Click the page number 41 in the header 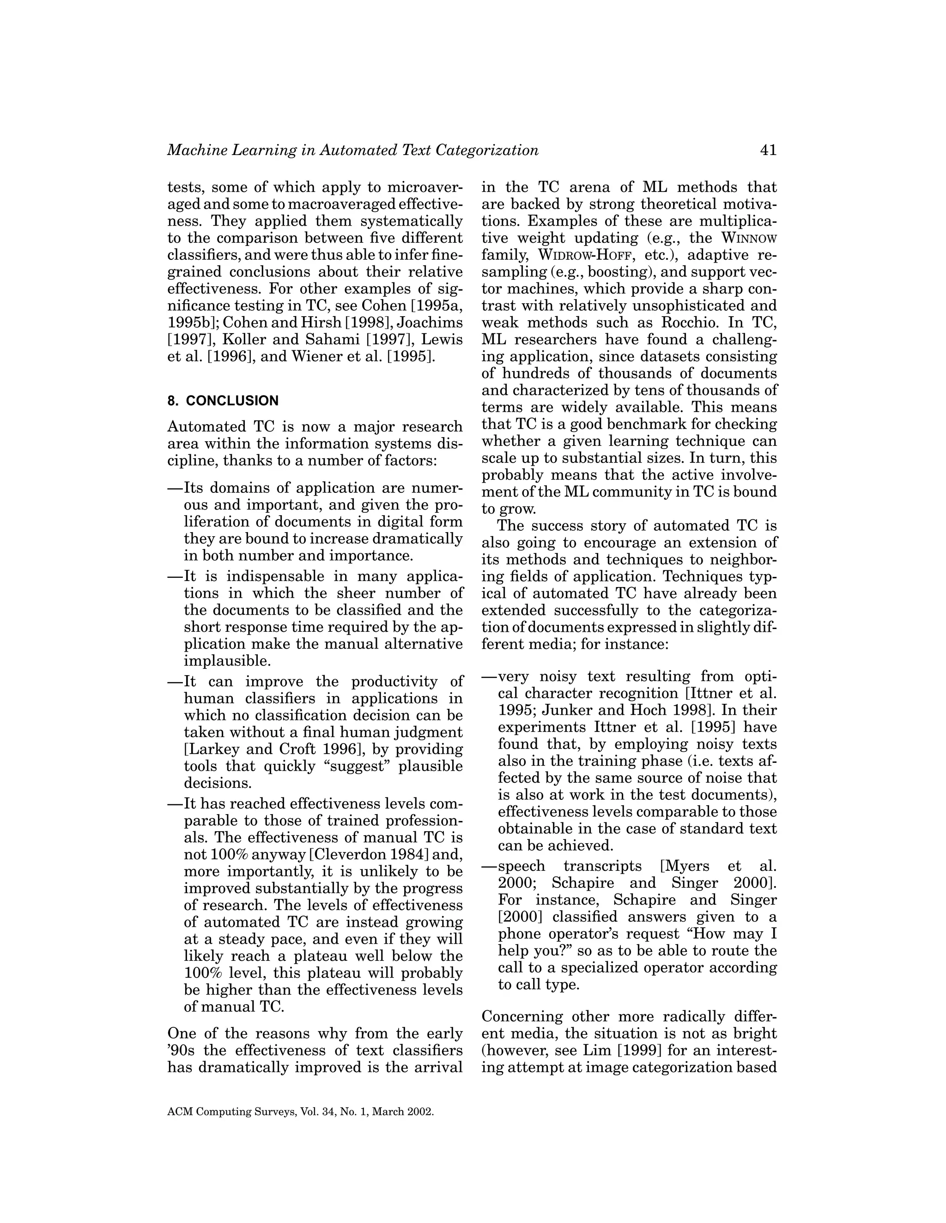(x=768, y=150)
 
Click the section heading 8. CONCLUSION (x=223, y=401)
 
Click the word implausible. (x=227, y=661)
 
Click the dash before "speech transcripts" (x=489, y=866)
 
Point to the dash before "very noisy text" (x=489, y=677)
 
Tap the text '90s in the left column (x=182, y=1050)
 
